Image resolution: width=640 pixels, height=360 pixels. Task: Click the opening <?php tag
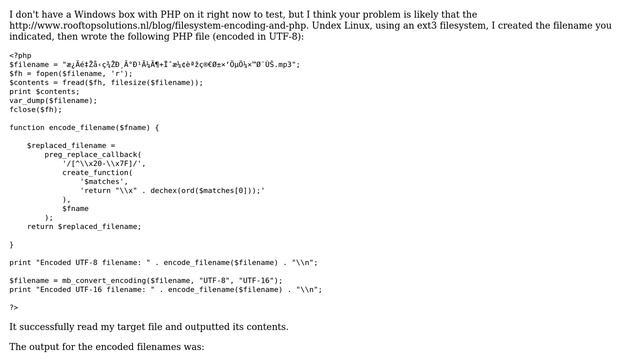pyautogui.click(x=20, y=55)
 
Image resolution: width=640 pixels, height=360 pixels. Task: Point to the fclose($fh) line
pyautogui.click(x=36, y=109)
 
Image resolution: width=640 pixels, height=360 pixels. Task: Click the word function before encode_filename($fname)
pyautogui.click(x=27, y=127)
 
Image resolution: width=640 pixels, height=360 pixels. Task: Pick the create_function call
pyautogui.click(x=96, y=172)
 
